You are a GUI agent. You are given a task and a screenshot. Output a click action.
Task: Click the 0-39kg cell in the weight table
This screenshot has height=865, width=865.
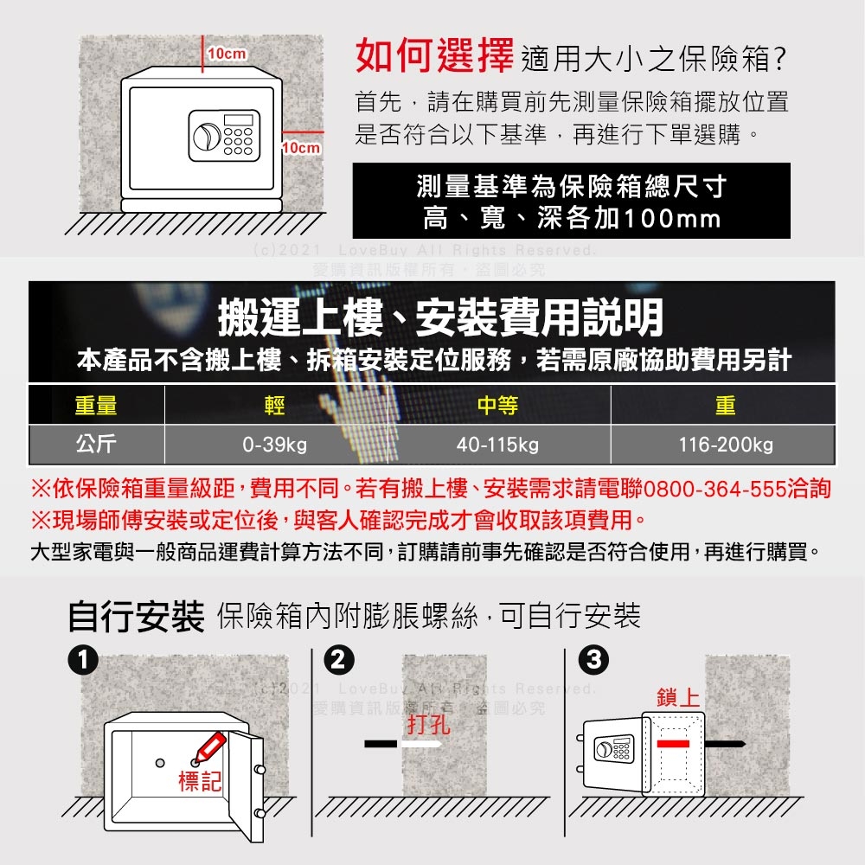275,445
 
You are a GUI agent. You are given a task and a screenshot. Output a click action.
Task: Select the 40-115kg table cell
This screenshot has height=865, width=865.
497,445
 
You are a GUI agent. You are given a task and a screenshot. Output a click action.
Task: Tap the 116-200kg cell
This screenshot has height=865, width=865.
726,445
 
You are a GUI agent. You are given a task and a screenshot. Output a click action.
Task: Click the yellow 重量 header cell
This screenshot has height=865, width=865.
96,404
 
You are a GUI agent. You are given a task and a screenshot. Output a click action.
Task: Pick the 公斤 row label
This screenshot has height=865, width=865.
96,445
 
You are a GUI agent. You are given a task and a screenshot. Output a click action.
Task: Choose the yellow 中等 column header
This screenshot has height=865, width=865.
497,404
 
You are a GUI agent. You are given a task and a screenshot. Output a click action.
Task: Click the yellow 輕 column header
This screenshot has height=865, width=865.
275,404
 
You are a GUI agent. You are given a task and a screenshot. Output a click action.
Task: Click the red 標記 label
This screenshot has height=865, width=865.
200,783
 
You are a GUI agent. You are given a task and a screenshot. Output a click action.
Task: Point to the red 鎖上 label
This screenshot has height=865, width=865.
678,698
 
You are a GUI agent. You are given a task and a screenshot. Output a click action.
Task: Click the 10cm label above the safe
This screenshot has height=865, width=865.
226,54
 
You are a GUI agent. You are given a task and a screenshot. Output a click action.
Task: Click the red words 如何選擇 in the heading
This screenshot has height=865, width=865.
435,56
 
